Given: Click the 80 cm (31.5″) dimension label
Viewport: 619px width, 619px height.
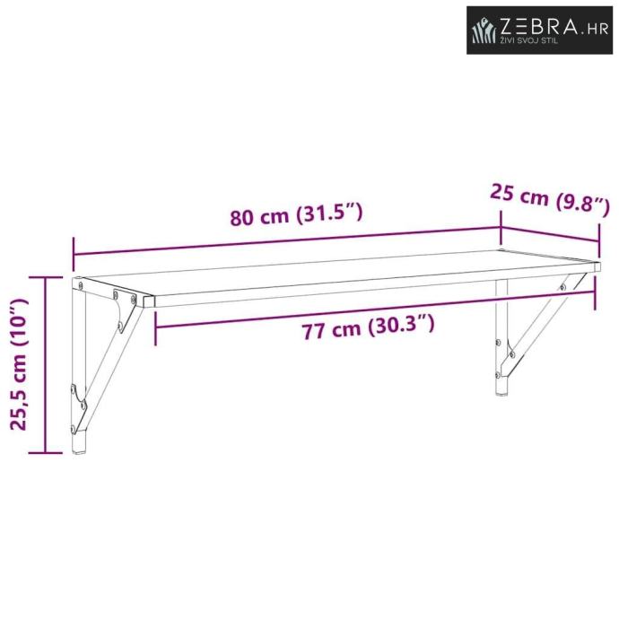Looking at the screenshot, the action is (296, 214).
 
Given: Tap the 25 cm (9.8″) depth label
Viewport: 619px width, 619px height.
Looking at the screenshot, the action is (550, 200).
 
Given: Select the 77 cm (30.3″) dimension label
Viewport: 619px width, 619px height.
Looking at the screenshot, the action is (368, 326).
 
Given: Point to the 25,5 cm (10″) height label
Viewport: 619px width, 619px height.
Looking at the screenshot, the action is (19, 364).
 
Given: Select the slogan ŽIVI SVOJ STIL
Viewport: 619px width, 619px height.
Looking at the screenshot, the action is (529, 40).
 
